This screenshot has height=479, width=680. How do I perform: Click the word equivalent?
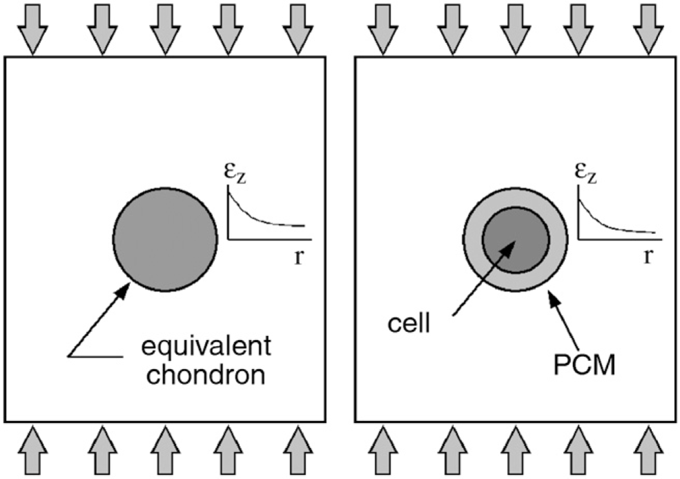pos(206,347)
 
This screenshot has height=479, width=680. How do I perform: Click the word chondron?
pos(206,375)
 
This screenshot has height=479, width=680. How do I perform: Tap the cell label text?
pos(409,323)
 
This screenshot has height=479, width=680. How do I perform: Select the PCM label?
pos(584,365)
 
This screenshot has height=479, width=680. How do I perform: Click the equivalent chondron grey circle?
pos(165,240)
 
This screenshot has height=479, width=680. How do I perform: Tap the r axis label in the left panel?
pos(299,257)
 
